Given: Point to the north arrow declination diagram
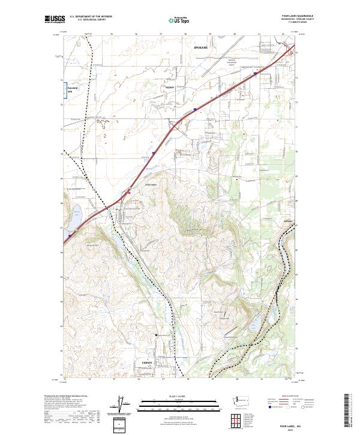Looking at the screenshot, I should [119, 406].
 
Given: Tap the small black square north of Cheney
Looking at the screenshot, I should [157, 335].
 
